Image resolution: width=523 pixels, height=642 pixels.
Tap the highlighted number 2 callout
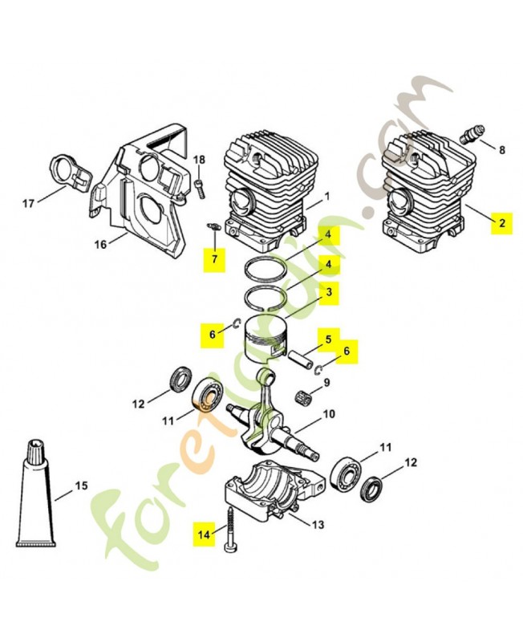(x=501, y=223)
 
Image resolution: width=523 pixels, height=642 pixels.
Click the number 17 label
(x=28, y=204)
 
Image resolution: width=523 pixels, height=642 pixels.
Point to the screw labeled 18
(x=200, y=187)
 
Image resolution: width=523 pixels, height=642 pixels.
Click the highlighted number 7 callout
(x=214, y=258)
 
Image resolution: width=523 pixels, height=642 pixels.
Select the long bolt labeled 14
(x=229, y=525)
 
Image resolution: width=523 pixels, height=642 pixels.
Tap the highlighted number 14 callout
(x=205, y=532)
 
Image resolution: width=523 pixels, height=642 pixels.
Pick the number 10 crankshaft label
(x=328, y=415)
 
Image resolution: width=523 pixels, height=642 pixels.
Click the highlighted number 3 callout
(x=327, y=294)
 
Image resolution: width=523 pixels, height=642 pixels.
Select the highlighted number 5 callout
(x=327, y=340)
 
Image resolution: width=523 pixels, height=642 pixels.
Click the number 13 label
(x=318, y=525)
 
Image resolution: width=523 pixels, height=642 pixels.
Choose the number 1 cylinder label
(x=327, y=197)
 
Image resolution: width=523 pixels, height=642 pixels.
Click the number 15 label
(x=81, y=486)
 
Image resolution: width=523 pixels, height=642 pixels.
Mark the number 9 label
(x=327, y=383)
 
